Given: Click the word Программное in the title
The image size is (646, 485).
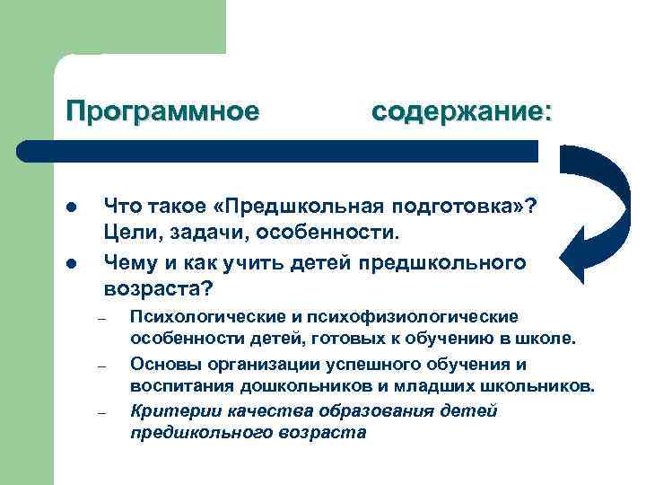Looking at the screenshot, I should click(x=161, y=111).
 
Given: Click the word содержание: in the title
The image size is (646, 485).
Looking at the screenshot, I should click(x=462, y=111).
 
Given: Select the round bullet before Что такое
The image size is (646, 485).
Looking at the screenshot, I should click(x=70, y=207).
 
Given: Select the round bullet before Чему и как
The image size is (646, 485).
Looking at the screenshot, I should click(x=70, y=264).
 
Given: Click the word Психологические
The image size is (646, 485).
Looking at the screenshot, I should click(x=208, y=317).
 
